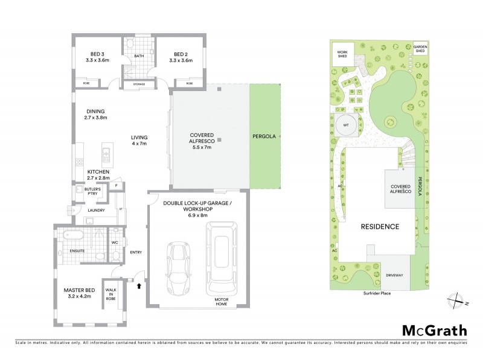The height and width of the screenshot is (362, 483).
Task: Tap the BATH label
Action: coord(139,56)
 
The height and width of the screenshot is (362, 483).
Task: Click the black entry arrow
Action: coord(140,286)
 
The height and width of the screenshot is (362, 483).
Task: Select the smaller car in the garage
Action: coord(178,266)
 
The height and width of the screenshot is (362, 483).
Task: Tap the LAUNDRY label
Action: coord(97,211)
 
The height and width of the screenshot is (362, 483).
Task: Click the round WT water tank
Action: coord(345,125)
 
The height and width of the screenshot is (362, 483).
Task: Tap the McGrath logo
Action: coord(435,330)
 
